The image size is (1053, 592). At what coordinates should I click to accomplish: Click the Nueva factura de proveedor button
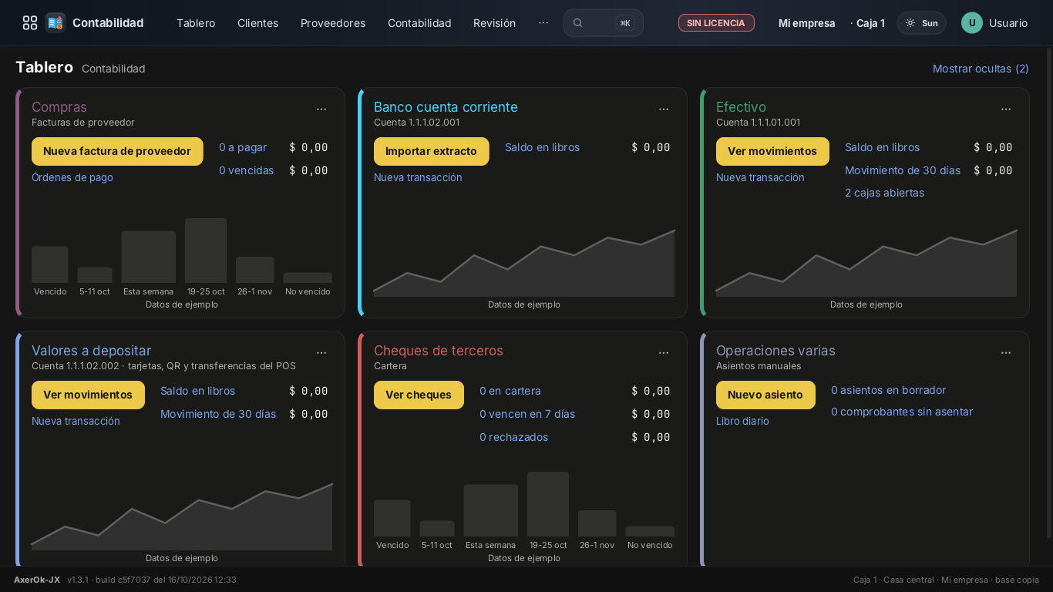(x=117, y=151)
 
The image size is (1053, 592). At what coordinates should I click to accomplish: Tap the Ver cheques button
(x=419, y=395)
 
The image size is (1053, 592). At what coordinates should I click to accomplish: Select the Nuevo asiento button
(x=765, y=395)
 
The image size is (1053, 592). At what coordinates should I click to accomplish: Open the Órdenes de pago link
(x=72, y=178)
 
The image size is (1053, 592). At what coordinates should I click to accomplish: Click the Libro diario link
(x=742, y=422)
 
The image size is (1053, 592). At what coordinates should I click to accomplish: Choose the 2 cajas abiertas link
(x=884, y=193)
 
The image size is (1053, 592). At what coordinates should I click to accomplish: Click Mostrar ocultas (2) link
(x=981, y=69)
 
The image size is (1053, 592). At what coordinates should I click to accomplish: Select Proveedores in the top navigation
(x=333, y=23)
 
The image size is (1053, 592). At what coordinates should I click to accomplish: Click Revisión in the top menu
(x=494, y=23)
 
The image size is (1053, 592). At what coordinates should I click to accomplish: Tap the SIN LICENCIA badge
(x=716, y=23)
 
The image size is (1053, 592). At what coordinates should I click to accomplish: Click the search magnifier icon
(x=577, y=23)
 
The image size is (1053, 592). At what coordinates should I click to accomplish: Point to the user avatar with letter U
(x=972, y=23)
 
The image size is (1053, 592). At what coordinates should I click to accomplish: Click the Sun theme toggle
(x=921, y=23)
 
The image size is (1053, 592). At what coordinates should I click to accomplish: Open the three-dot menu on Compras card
(x=321, y=109)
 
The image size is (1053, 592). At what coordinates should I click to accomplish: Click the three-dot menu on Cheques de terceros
(x=664, y=353)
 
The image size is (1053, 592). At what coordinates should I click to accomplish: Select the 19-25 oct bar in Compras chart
(x=205, y=251)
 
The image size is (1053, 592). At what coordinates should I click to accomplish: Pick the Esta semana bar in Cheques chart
(x=490, y=510)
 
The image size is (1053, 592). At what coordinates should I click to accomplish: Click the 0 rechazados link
(x=513, y=437)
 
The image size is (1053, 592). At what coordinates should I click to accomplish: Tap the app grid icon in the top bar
(x=30, y=23)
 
